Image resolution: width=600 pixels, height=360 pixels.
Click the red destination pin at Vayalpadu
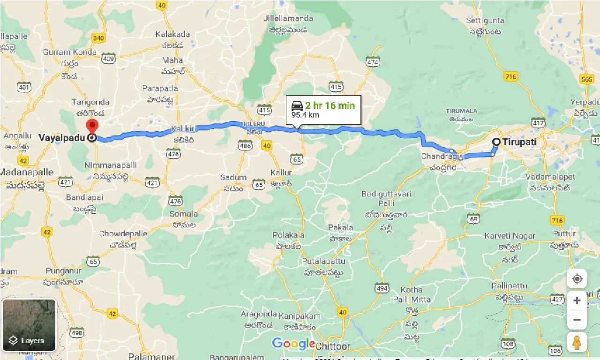click(x=92, y=126)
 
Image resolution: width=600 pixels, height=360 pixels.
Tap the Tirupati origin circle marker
click(x=496, y=142)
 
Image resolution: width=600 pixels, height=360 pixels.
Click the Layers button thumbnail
click(x=29, y=325)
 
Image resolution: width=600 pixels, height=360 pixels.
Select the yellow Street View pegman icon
click(x=577, y=342)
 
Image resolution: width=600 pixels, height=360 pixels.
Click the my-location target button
click(x=577, y=279)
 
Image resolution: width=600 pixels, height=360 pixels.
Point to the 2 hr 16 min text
click(x=330, y=105)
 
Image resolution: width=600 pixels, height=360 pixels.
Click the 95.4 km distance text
click(x=306, y=115)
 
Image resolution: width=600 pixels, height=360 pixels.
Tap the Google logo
click(x=293, y=344)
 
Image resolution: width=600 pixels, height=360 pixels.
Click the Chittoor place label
click(x=333, y=346)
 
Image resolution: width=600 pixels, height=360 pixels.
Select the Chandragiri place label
click(x=439, y=156)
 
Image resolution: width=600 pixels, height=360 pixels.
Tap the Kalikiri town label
click(x=182, y=128)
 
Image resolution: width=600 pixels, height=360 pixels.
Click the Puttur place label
click(x=563, y=234)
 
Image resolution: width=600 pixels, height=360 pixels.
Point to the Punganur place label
click(x=63, y=271)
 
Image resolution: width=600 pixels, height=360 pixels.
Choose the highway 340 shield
click(x=98, y=38)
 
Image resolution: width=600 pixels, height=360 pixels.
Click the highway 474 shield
click(x=373, y=62)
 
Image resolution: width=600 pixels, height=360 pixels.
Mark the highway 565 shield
click(x=586, y=79)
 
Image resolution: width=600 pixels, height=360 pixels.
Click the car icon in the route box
click(x=297, y=105)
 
